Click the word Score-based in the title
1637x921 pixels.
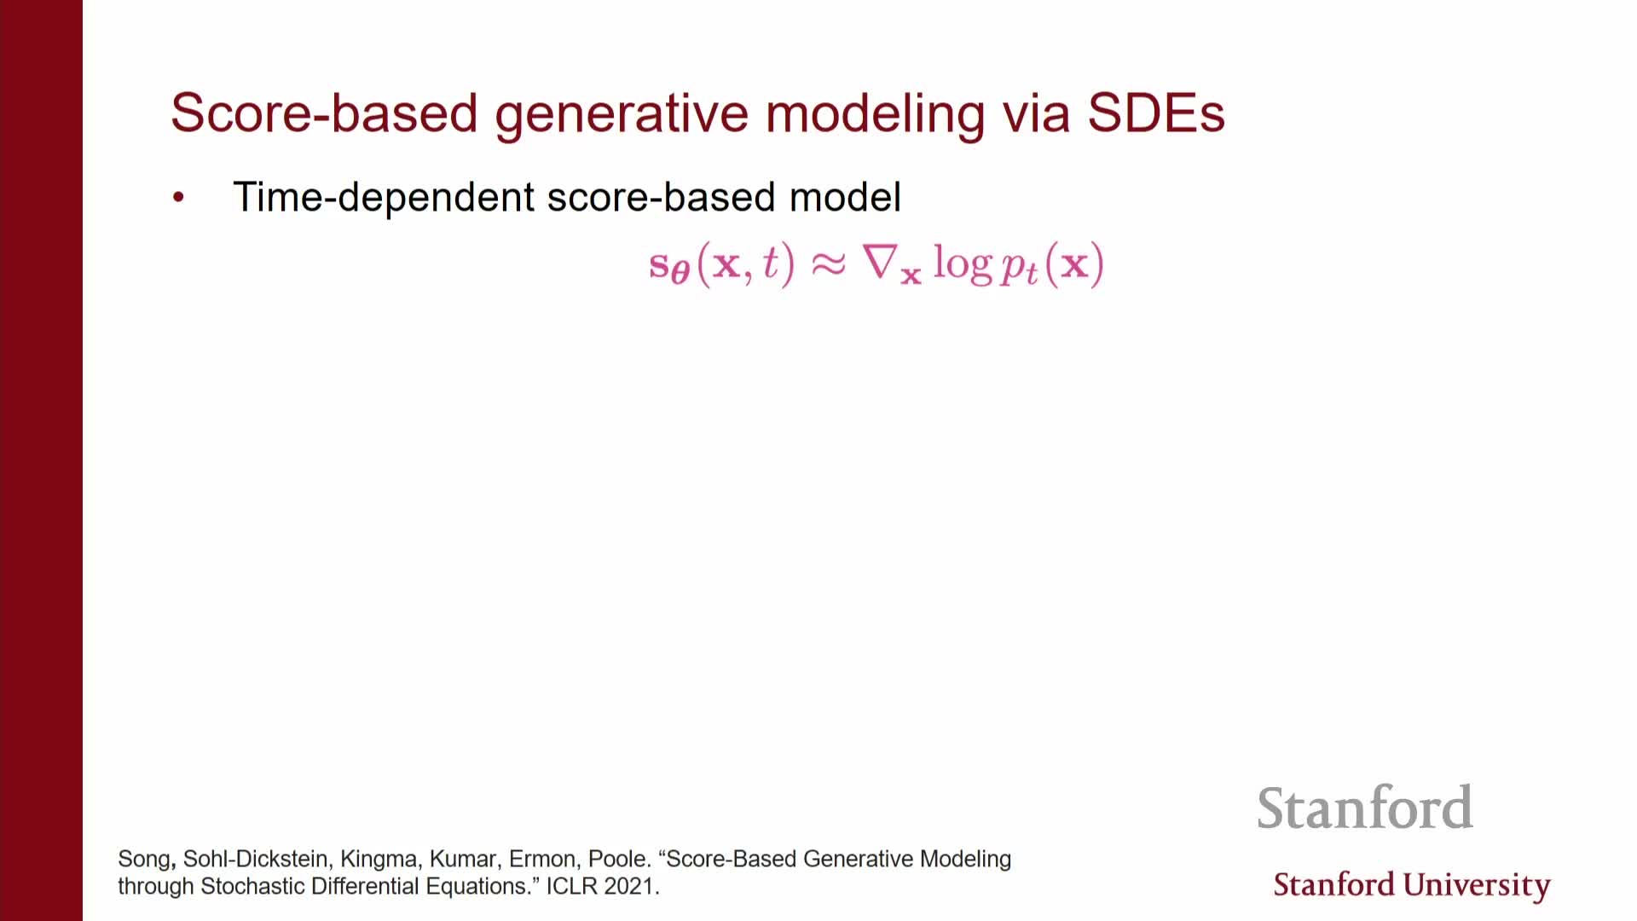click(x=324, y=113)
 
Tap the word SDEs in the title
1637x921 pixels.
click(x=1156, y=113)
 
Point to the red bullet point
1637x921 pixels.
click(x=178, y=198)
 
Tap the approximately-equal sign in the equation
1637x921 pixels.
click(x=828, y=264)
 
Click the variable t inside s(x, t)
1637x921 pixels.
click(x=771, y=262)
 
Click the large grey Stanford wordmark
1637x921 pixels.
click(x=1365, y=808)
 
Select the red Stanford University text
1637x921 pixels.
click(x=1412, y=885)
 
